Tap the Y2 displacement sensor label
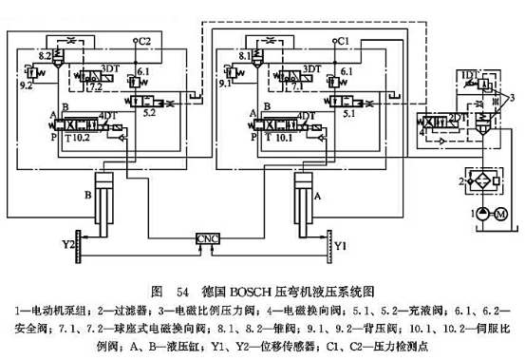pyautogui.click(x=69, y=244)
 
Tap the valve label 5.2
pyautogui.click(x=149, y=112)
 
